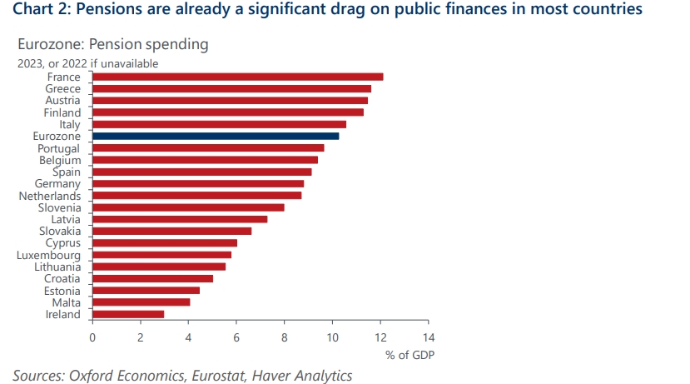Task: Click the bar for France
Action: [237, 77]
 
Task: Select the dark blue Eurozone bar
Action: [215, 136]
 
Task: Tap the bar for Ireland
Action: [128, 314]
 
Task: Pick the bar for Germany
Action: [198, 183]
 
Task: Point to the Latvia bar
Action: [180, 219]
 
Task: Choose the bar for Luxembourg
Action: [161, 255]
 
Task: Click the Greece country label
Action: [63, 88]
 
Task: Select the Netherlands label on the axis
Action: [51, 196]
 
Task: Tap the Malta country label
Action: [66, 302]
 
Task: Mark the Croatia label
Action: [62, 278]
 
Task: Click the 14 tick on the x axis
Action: [429, 337]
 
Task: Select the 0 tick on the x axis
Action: [92, 337]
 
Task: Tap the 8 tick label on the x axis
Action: [285, 337]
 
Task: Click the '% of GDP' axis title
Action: [410, 355]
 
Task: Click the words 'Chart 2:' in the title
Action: [42, 10]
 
